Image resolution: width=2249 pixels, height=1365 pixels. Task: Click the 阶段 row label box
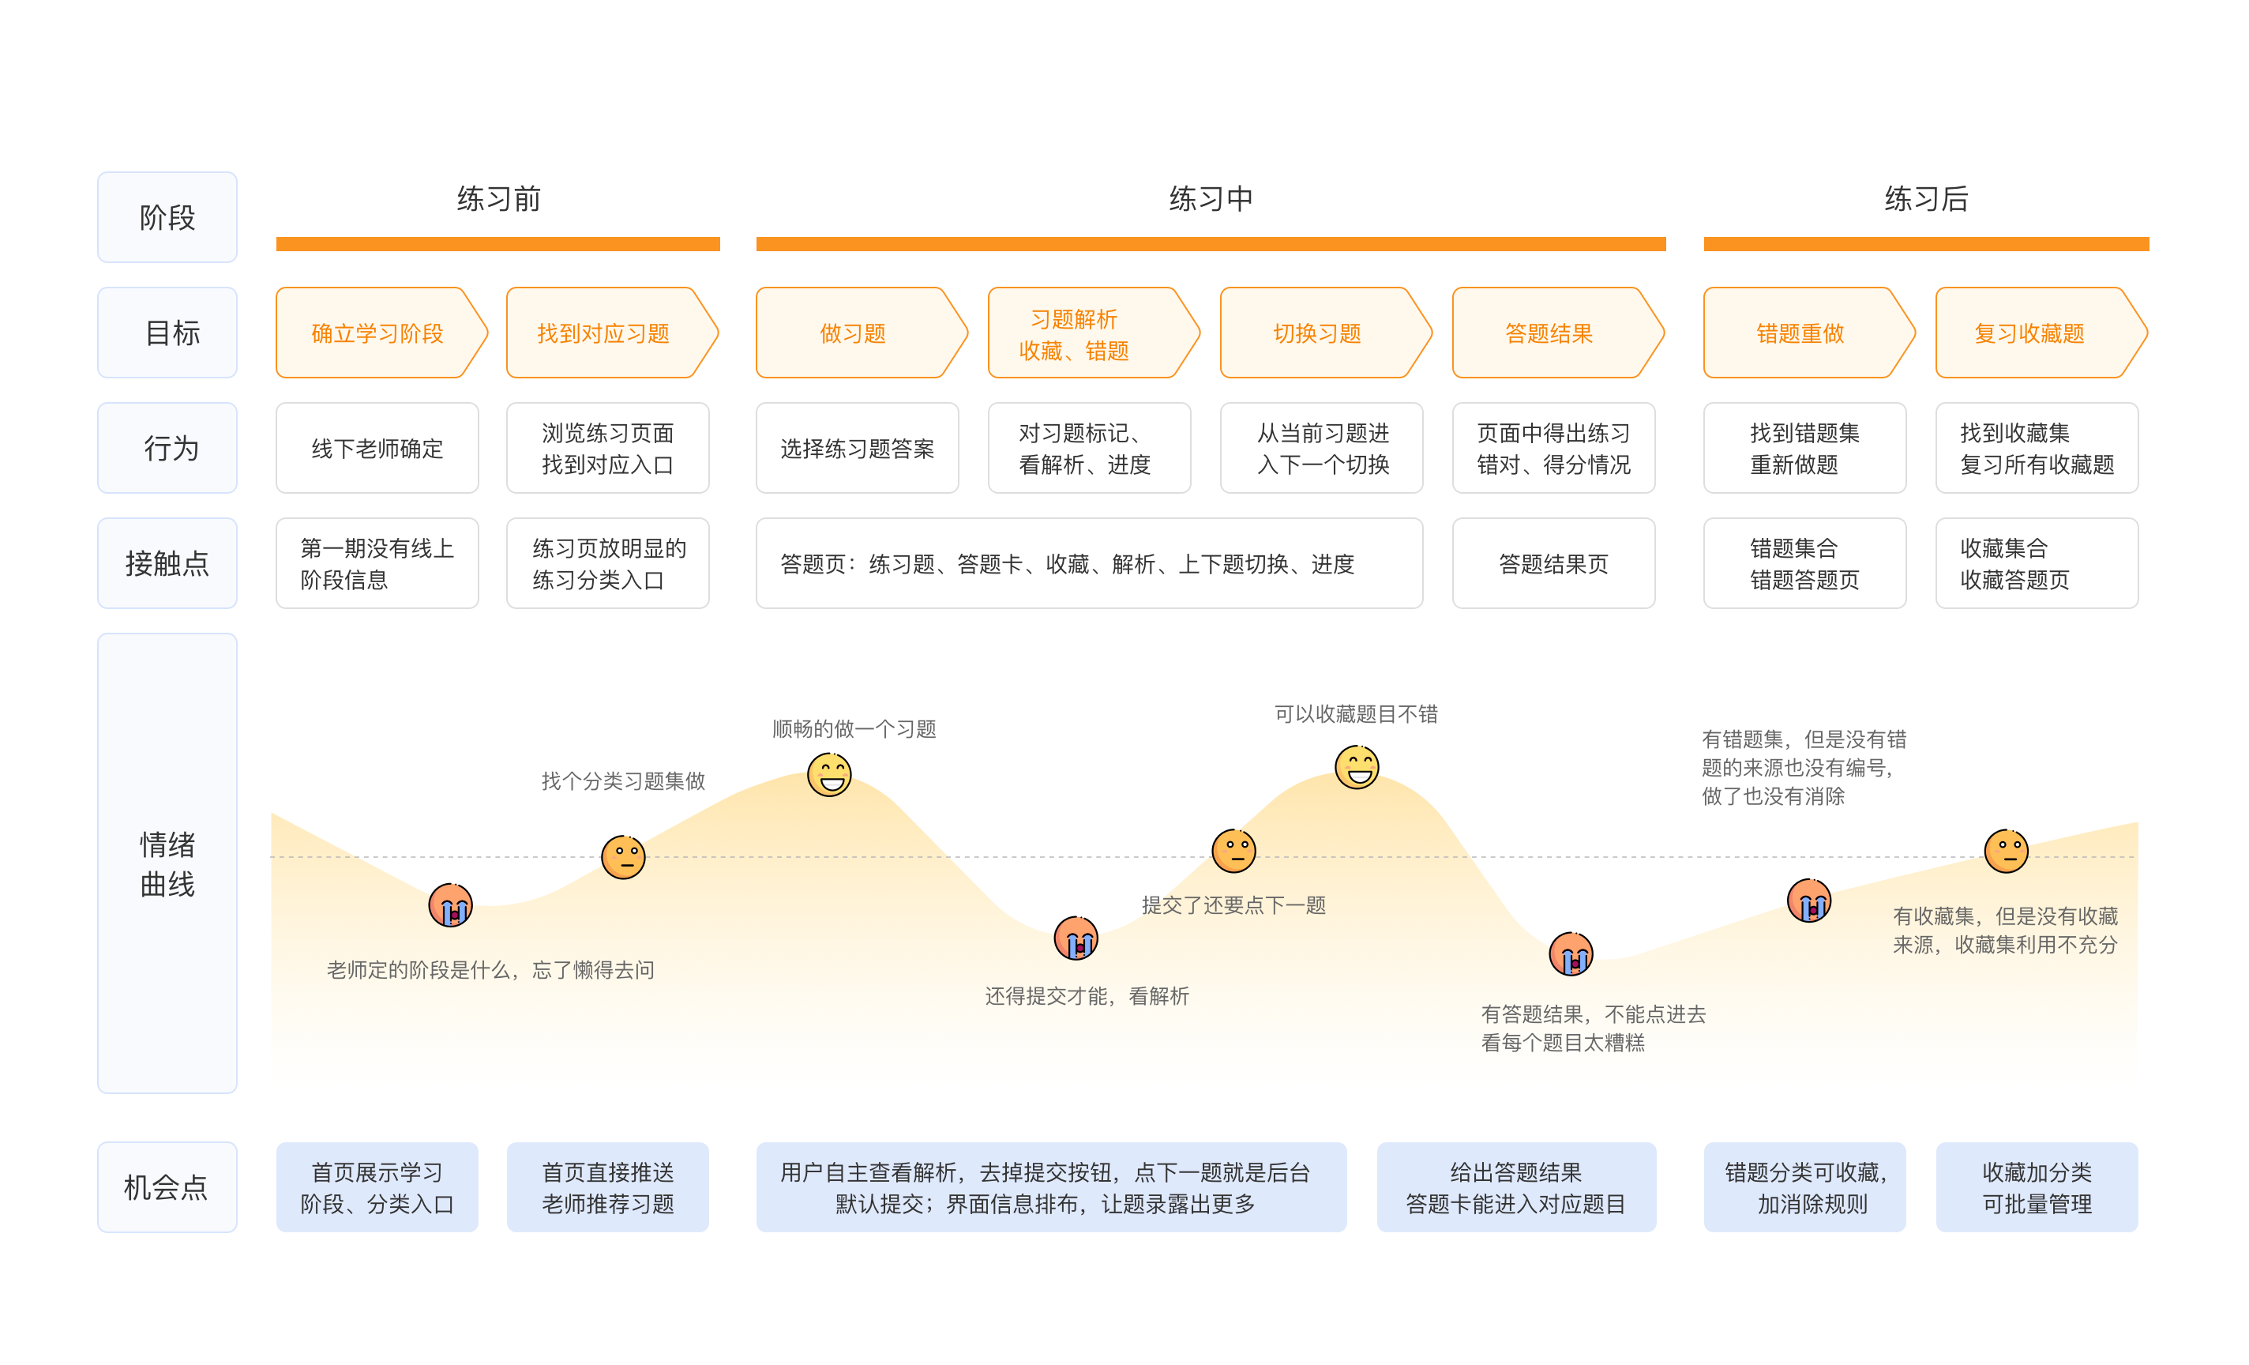pos(167,217)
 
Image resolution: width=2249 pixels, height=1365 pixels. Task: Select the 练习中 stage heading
pos(1211,199)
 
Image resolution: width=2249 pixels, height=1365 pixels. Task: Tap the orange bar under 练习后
pos(1926,244)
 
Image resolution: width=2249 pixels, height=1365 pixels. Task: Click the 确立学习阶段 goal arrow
pos(381,333)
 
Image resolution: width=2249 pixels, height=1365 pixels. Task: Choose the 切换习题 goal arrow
pos(1325,333)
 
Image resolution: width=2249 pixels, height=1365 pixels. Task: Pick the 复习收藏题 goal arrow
pos(2041,333)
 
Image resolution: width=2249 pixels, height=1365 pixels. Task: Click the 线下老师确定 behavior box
pos(377,449)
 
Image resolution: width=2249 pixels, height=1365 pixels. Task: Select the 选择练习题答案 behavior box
pos(857,449)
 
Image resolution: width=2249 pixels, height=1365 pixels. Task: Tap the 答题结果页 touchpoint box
pos(1553,563)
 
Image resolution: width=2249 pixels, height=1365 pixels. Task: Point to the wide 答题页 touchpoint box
pos(1089,563)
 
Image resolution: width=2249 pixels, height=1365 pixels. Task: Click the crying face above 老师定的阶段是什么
pos(451,904)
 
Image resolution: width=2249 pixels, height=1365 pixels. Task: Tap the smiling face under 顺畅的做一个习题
pos(830,774)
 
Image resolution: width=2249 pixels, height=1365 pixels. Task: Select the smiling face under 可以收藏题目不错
pos(1357,767)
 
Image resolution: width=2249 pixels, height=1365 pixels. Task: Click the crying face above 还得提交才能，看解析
pos(1076,938)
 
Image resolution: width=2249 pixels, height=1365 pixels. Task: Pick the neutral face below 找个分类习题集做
pos(623,857)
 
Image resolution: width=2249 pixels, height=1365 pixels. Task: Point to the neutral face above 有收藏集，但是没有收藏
pos(2007,851)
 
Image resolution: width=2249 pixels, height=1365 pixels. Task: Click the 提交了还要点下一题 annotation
pos(1233,904)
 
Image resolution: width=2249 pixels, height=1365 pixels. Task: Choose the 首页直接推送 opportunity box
pos(608,1187)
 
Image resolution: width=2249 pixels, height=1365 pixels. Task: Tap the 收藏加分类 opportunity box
pos(2037,1187)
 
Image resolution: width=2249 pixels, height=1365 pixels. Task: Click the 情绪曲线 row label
pos(167,863)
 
